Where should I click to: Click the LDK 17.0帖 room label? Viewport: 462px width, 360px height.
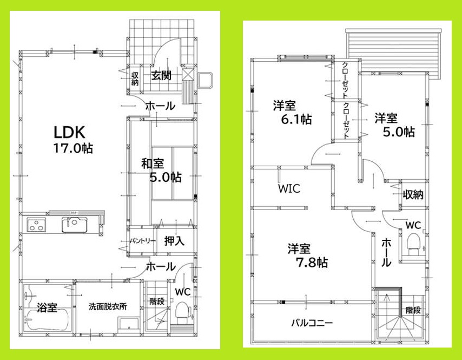point(72,139)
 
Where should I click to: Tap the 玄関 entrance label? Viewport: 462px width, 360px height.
point(161,75)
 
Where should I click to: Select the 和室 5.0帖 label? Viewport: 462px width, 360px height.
point(161,170)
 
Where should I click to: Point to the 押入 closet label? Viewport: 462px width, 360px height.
point(174,240)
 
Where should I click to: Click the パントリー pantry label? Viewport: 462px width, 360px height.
point(143,241)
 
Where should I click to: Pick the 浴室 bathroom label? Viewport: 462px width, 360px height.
point(47,307)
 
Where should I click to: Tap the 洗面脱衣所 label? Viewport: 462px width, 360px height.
point(108,306)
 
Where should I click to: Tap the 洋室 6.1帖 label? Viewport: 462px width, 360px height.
point(292,113)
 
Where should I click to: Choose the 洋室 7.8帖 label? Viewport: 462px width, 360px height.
point(307,256)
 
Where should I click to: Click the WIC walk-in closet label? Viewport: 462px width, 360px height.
point(289,189)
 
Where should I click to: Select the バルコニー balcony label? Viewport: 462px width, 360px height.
point(312,323)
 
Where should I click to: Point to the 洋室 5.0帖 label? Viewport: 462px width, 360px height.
point(394,125)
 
